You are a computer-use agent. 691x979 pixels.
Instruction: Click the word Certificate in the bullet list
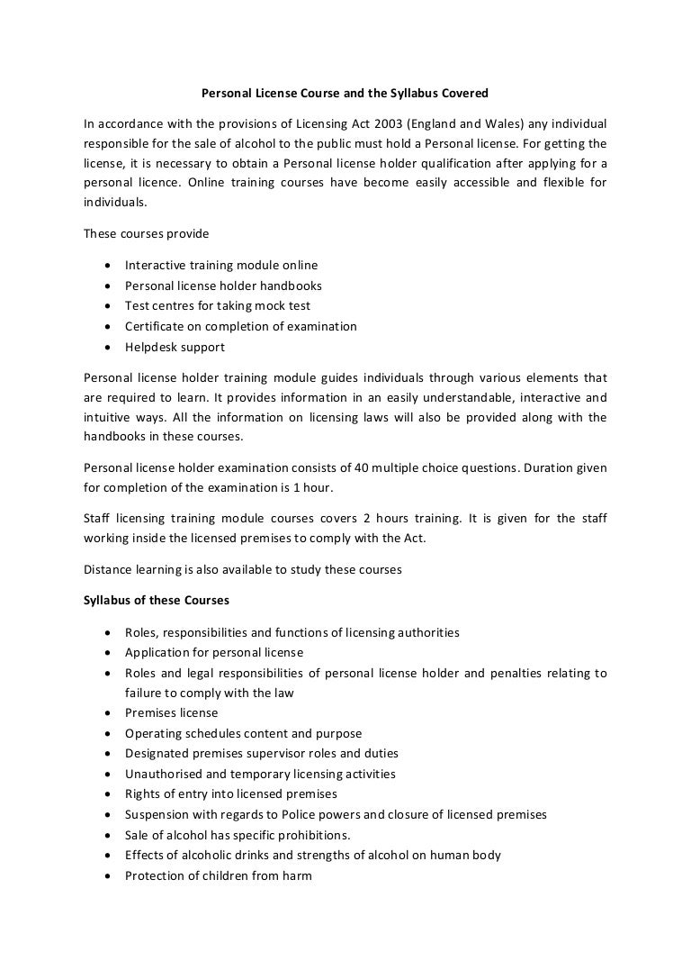[x=155, y=326]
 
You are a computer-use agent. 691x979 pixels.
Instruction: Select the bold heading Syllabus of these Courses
[x=156, y=601]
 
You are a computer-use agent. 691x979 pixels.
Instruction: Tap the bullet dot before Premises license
[x=108, y=713]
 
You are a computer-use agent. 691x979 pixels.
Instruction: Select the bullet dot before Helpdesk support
[x=108, y=348]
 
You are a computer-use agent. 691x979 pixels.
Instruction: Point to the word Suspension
[x=158, y=814]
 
